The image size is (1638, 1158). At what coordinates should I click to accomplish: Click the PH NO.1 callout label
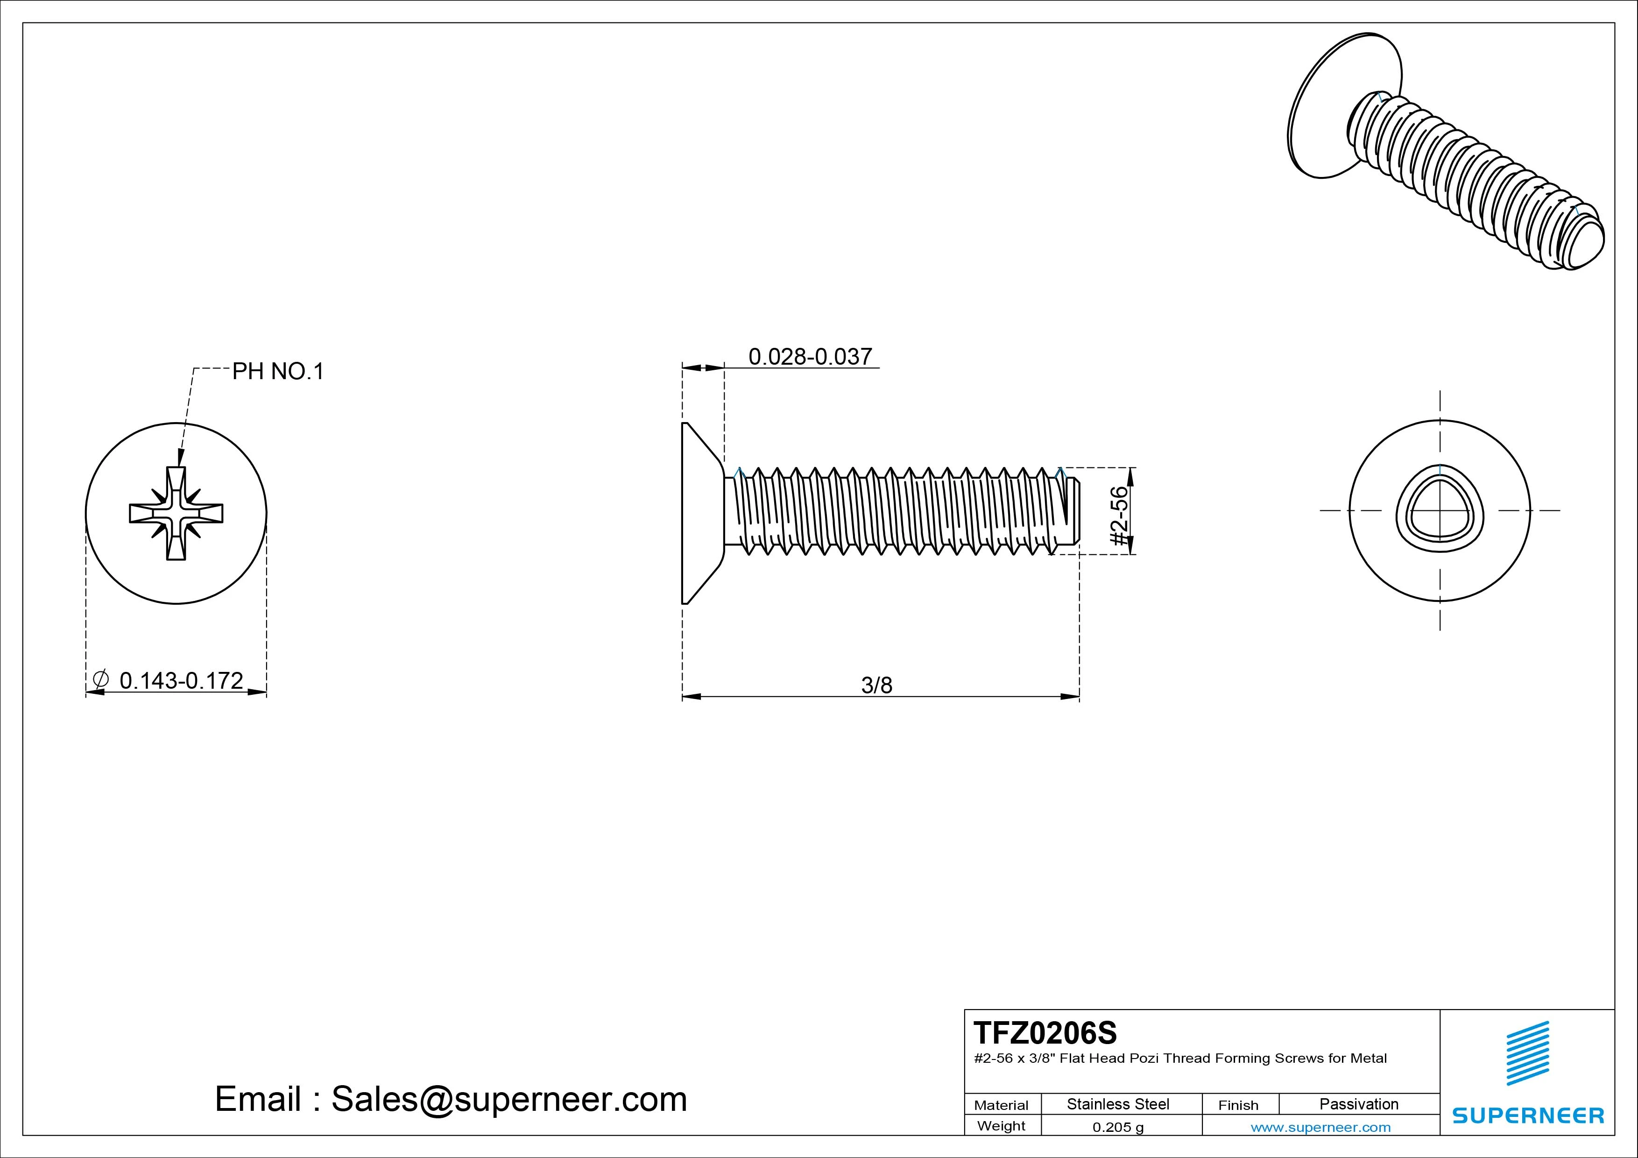coord(277,372)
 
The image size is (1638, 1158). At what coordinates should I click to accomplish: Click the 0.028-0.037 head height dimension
coord(810,357)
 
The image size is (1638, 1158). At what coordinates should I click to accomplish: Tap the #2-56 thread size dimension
coord(1120,516)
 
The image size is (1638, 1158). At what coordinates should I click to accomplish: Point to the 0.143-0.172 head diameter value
coord(181,681)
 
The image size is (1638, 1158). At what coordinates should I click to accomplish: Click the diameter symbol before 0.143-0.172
coord(100,679)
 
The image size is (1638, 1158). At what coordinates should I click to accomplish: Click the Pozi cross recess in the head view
coord(176,513)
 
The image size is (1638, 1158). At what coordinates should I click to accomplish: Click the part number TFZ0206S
coord(1045,1032)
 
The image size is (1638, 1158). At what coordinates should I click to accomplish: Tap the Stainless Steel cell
coord(1118,1104)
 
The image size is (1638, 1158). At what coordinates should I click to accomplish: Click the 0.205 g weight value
coord(1118,1127)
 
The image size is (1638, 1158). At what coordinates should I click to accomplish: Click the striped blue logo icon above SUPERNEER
coord(1527,1053)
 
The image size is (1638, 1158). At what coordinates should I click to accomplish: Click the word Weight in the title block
coord(1001,1126)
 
